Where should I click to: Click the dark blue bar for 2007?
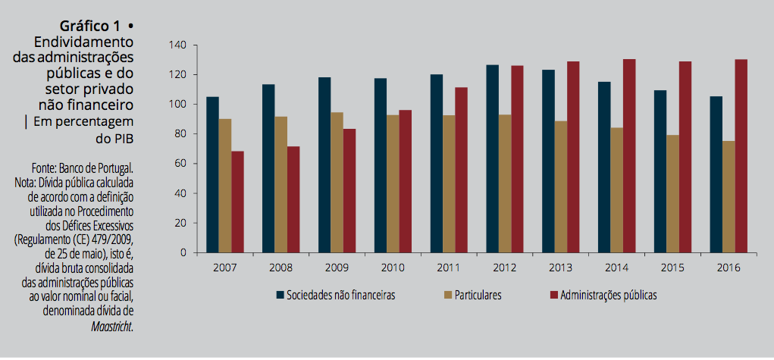pyautogui.click(x=212, y=175)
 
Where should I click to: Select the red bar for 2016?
pyautogui.click(x=741, y=156)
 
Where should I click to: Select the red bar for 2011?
pyautogui.click(x=461, y=170)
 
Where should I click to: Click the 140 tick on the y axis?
pyautogui.click(x=177, y=45)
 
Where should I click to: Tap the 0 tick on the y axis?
pyautogui.click(x=183, y=253)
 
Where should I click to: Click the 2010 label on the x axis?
pyautogui.click(x=392, y=268)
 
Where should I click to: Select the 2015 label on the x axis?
pyautogui.click(x=672, y=268)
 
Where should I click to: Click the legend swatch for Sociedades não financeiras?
pyautogui.click(x=280, y=295)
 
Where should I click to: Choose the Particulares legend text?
pyautogui.click(x=478, y=295)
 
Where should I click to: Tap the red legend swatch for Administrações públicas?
pyautogui.click(x=551, y=295)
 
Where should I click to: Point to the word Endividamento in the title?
pyautogui.click(x=84, y=41)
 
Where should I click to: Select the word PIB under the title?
pyautogui.click(x=122, y=139)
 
